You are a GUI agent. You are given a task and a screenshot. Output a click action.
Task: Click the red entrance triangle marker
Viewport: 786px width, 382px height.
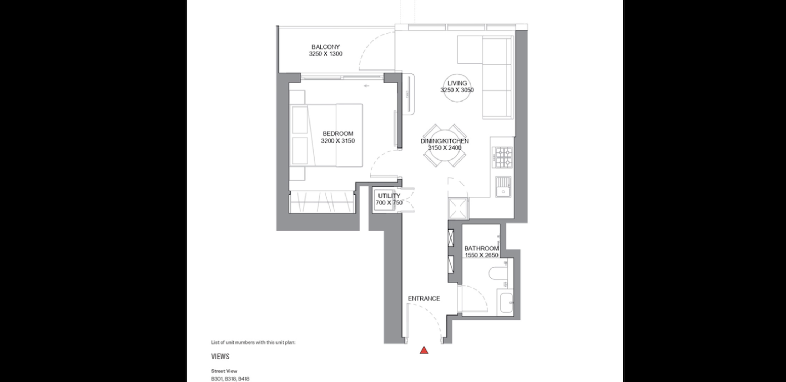424,350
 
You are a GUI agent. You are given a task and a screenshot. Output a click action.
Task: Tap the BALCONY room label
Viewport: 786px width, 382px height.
325,47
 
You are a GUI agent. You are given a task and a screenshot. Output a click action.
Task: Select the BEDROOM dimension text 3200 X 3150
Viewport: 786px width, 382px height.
338,141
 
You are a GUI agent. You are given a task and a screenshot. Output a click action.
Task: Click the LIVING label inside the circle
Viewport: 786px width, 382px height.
457,83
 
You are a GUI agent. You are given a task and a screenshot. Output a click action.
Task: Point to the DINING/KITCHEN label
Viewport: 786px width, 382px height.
445,141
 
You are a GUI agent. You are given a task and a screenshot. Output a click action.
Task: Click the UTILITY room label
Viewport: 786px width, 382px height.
389,196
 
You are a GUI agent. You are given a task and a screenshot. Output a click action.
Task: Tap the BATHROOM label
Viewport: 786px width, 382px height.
482,248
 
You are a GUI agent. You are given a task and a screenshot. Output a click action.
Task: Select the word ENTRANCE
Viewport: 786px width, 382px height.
424,299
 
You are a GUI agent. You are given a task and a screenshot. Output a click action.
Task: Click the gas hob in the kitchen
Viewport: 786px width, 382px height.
502,157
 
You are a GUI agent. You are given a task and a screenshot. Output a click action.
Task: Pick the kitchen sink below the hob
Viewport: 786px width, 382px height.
503,187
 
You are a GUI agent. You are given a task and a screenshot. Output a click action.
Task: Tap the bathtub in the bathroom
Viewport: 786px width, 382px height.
505,302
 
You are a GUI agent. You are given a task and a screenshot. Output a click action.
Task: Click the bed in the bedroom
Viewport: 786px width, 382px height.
326,135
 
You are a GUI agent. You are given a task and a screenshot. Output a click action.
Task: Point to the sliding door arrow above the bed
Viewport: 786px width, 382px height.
366,86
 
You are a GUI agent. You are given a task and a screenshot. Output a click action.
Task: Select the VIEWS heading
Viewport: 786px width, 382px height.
220,357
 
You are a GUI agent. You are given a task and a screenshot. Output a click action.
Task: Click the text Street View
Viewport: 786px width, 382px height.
224,371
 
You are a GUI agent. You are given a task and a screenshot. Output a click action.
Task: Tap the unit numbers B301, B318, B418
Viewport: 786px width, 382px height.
230,379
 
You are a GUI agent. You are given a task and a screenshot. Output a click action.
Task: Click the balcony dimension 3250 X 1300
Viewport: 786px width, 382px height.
325,54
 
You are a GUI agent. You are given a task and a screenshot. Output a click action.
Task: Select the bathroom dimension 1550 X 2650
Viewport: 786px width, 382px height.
482,255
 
